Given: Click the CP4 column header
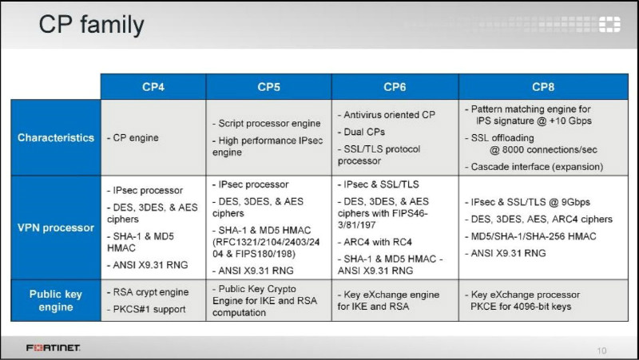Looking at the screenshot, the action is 153,87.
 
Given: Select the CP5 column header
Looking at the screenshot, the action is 268,87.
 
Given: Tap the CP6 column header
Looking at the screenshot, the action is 395,87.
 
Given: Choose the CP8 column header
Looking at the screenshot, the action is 543,87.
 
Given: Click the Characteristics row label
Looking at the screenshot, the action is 56,137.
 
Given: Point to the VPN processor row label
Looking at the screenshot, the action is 56,227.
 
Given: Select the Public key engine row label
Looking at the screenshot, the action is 56,301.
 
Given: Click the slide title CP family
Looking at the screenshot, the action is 91,26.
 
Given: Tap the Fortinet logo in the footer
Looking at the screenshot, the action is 53,348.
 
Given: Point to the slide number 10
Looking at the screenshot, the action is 601,350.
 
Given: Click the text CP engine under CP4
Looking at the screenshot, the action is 133,138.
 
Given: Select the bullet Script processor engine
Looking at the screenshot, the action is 267,124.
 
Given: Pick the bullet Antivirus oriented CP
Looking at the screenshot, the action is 387,115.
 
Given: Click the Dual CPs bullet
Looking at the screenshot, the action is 361,132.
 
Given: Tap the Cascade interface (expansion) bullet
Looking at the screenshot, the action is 534,167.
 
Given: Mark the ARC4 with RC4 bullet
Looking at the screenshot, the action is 375,242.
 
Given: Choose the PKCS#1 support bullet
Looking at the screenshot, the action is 146,310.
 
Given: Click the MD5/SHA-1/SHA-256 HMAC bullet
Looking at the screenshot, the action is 530,236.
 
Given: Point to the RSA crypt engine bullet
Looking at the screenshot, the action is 148,292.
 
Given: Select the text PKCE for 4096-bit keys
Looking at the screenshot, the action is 521,307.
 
